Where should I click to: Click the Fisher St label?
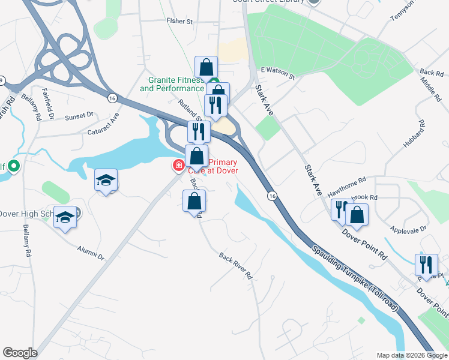pos(179,21)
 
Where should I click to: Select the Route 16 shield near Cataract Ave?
pos(112,98)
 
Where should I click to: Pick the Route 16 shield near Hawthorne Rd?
pos(272,196)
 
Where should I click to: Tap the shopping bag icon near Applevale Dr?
pos(357,215)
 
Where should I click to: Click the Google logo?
pos(20,353)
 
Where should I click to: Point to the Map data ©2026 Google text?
pos(412,355)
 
